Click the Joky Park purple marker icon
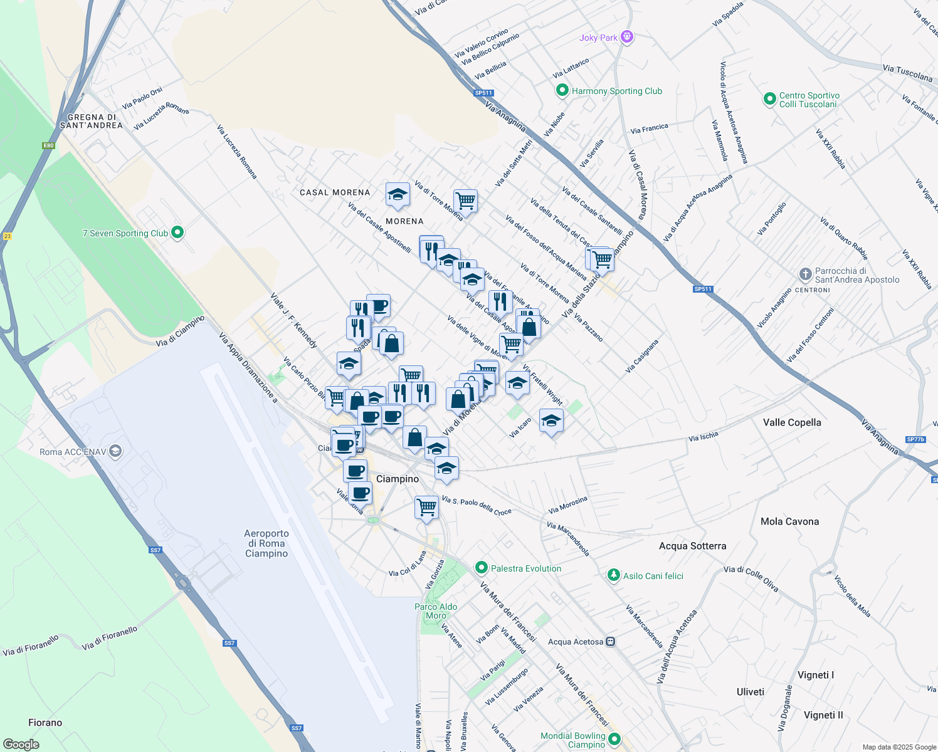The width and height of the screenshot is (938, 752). (x=626, y=37)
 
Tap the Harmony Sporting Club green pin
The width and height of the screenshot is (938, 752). (x=562, y=91)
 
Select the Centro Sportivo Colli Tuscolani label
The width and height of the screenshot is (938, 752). (x=809, y=100)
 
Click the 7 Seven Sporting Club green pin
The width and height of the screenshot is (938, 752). (x=177, y=232)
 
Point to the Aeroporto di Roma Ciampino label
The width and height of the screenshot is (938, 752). (x=266, y=543)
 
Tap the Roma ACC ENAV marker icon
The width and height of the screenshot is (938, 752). (x=115, y=451)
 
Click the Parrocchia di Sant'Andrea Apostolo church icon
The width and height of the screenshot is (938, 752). (x=806, y=274)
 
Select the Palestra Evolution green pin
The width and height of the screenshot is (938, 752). (x=481, y=568)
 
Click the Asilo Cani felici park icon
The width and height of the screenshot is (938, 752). (x=614, y=575)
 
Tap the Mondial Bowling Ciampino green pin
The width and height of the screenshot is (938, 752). (x=614, y=739)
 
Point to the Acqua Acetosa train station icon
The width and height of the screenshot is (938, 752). (x=611, y=642)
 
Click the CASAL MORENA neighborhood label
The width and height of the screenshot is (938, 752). (x=335, y=192)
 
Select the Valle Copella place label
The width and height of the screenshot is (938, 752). (x=792, y=422)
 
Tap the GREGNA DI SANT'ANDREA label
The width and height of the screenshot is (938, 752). (x=92, y=121)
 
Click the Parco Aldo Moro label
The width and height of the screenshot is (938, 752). (x=436, y=611)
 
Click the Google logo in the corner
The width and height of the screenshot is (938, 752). (x=21, y=744)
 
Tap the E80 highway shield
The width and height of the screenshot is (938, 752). (x=48, y=145)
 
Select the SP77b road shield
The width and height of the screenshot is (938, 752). (x=915, y=439)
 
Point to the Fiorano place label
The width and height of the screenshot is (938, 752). (x=45, y=723)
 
